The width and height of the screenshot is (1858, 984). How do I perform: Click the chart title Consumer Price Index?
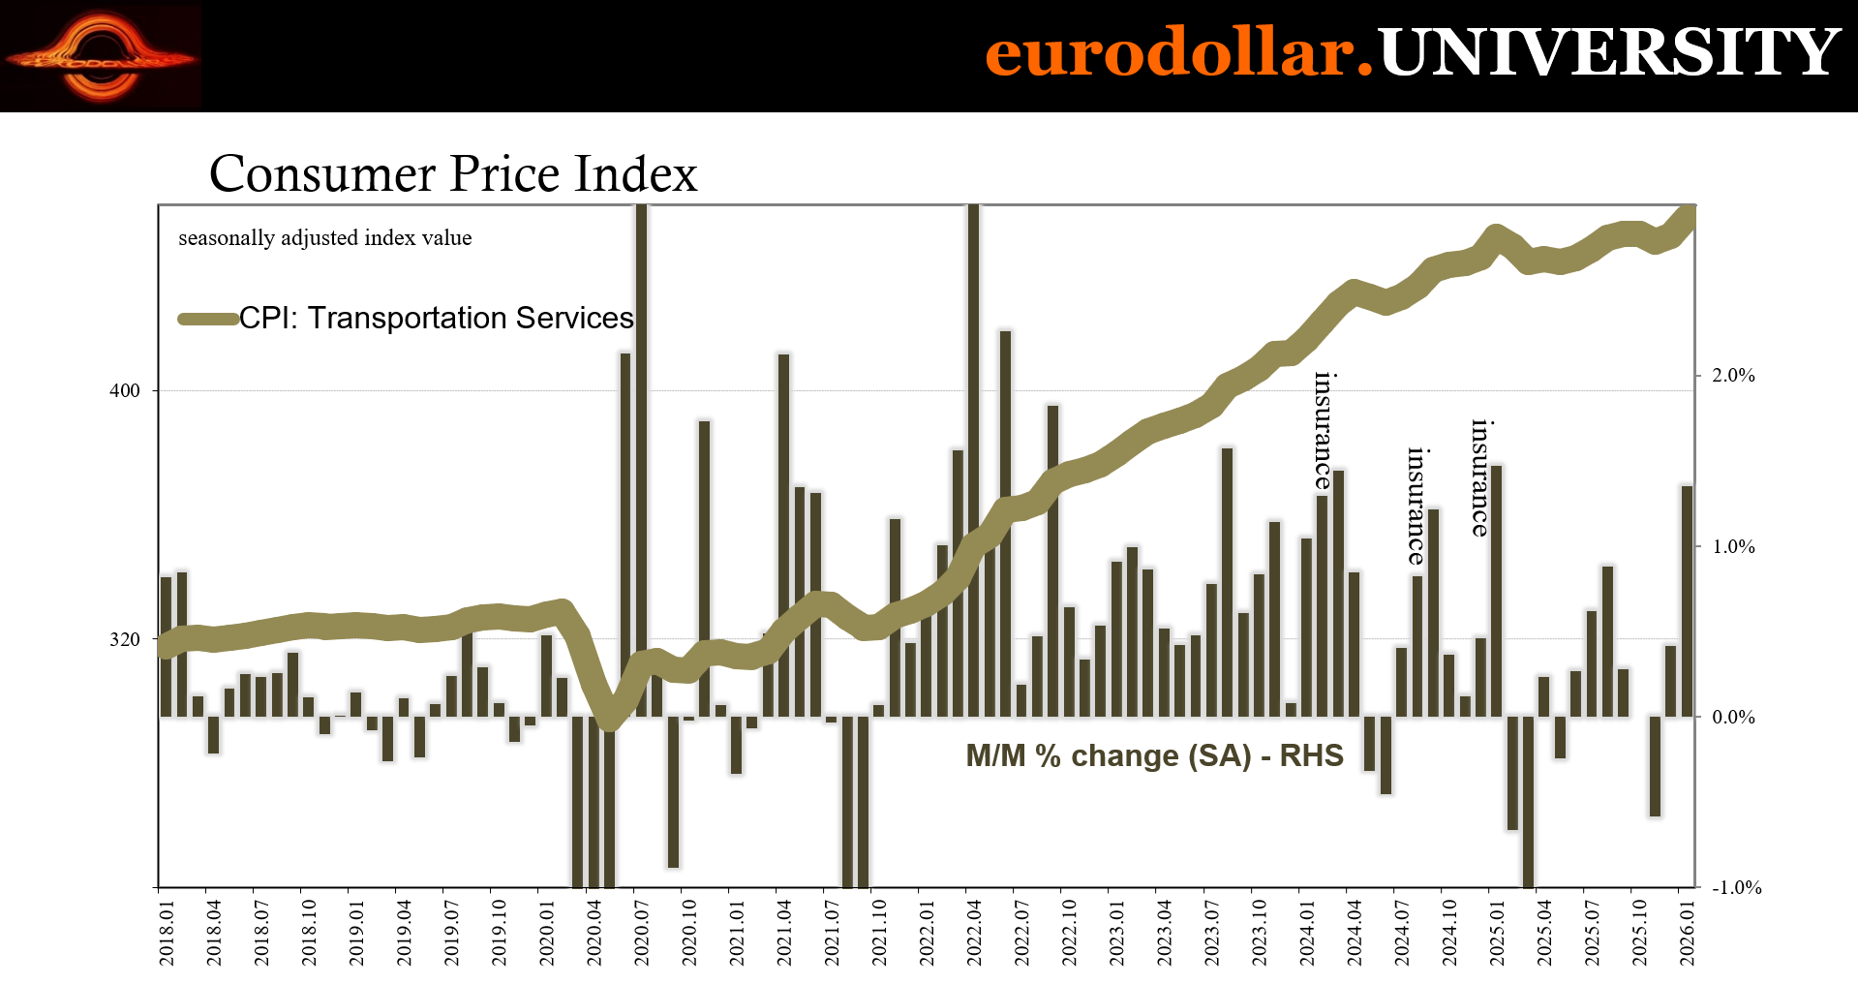453,174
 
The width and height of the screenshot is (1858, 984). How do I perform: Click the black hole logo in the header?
101,56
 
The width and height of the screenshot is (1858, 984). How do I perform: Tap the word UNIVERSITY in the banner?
1608,52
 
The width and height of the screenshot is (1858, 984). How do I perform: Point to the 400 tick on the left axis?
125,391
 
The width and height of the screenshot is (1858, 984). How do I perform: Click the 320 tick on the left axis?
125,639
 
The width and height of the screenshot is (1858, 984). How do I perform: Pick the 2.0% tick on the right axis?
1733,376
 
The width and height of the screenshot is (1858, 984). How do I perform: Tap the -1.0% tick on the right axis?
1736,888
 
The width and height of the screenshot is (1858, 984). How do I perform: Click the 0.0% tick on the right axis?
1733,718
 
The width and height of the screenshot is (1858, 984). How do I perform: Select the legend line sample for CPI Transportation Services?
208,319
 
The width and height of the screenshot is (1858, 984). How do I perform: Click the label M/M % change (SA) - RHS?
1154,755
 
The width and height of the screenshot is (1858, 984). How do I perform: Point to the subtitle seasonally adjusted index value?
325,238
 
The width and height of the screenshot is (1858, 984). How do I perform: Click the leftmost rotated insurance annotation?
1324,431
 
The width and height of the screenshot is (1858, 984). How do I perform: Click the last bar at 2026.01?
1687,600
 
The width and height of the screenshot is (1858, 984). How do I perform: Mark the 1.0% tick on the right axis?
1733,547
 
